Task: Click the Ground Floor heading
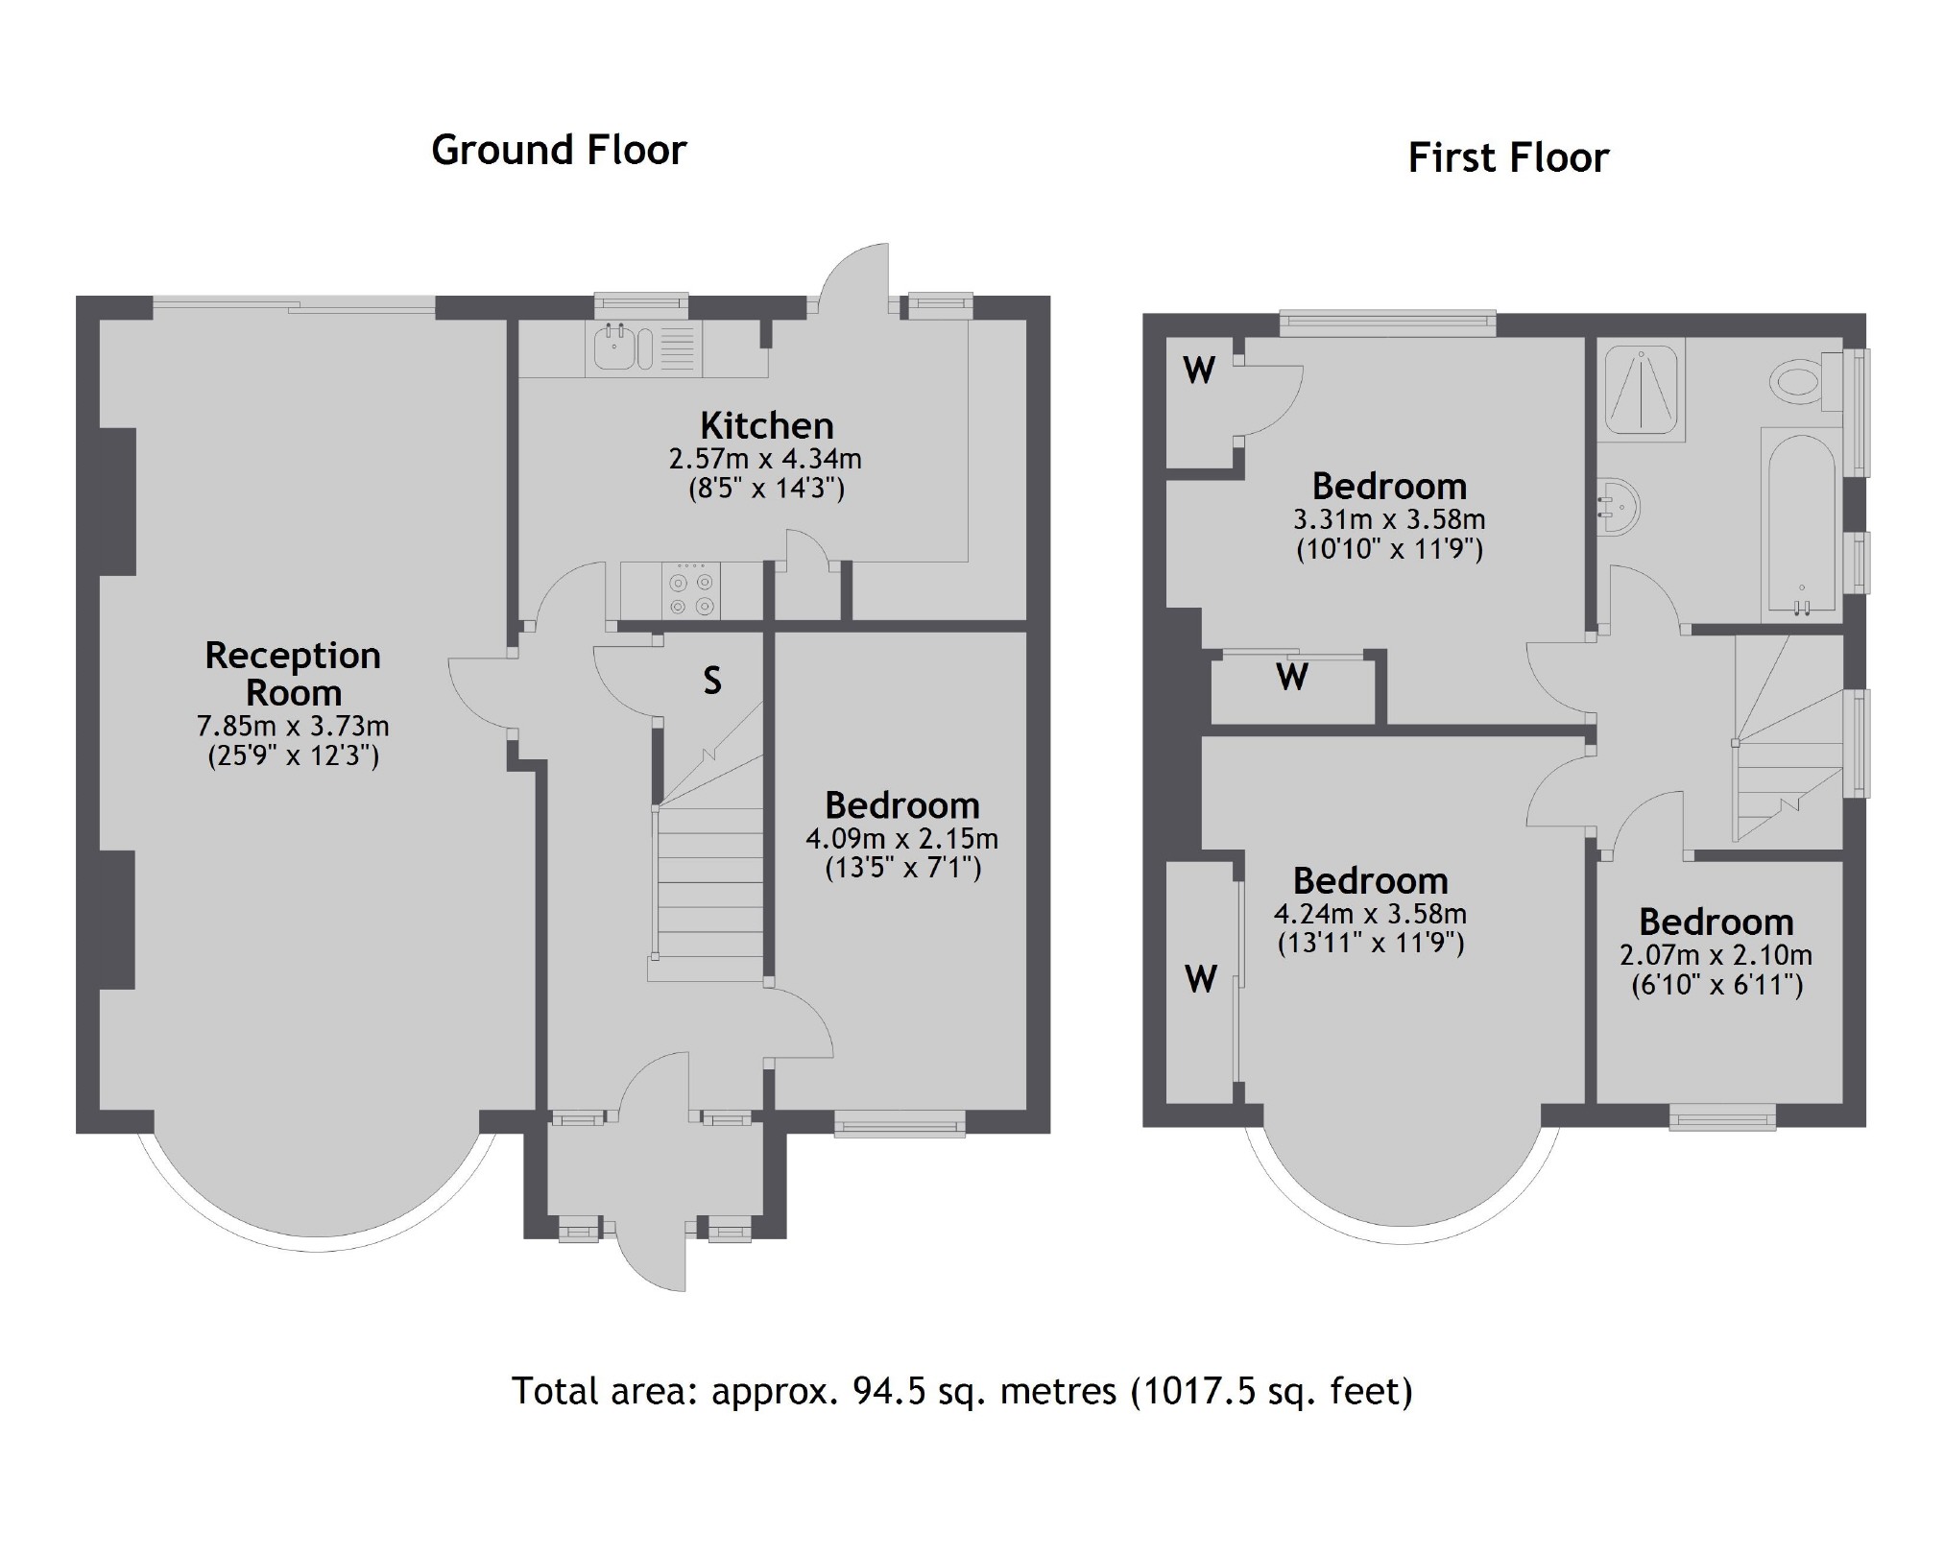559,151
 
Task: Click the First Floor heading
1508,158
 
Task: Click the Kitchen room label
766,425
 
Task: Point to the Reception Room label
293,674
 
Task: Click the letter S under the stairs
712,681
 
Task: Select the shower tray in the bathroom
1641,388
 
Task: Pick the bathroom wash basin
1618,507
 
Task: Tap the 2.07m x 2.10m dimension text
1716,956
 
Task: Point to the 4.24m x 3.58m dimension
1370,914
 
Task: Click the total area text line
962,1391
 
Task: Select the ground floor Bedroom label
902,804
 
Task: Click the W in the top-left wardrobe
1199,370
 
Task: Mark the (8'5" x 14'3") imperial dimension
766,490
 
